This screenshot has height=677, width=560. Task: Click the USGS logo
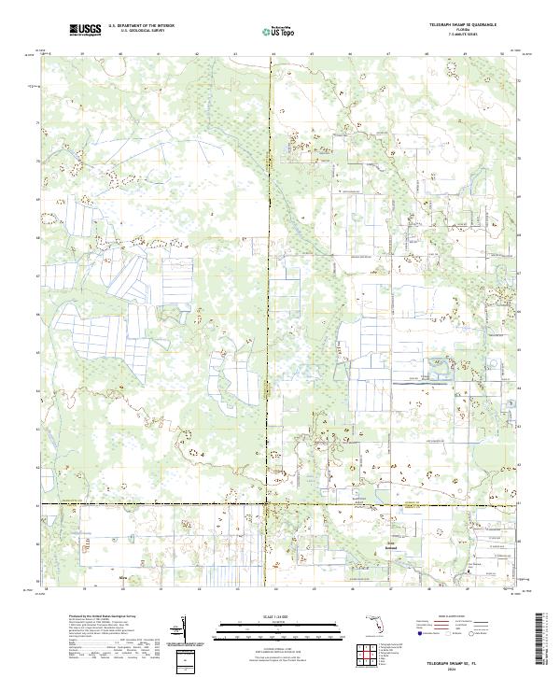[86, 30]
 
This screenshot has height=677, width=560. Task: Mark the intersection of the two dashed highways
[271, 505]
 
